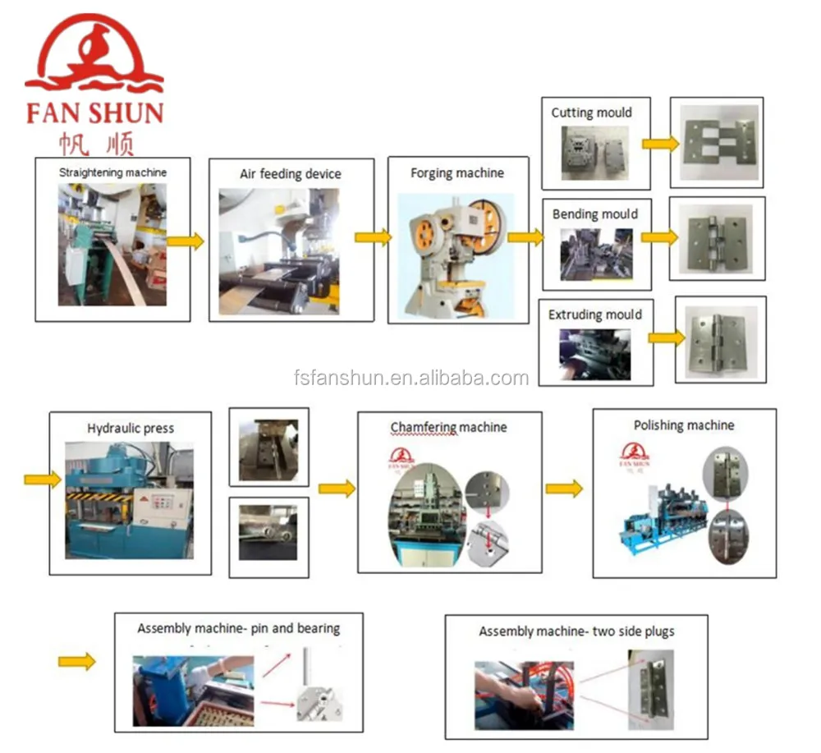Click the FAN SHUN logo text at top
tap(94, 112)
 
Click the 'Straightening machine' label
tap(112, 172)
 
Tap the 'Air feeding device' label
tap(290, 174)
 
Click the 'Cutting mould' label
tap(591, 112)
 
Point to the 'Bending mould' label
tap(594, 214)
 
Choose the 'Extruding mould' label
tap(595, 315)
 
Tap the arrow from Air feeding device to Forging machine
tap(373, 236)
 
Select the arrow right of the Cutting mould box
tap(661, 144)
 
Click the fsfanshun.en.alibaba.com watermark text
tap(410, 378)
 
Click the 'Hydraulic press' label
tap(131, 428)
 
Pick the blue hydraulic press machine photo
tap(129, 501)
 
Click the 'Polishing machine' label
tap(684, 425)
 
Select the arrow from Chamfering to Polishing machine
tap(564, 489)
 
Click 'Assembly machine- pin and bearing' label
tap(238, 628)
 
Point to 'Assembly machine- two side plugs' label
tap(576, 631)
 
